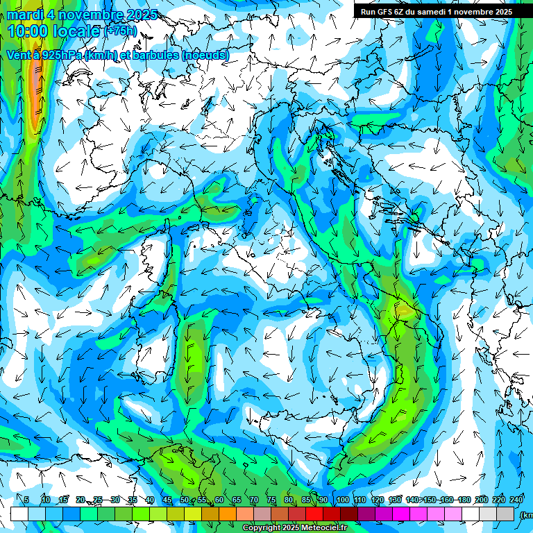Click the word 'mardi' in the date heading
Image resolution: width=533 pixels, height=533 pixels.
24,15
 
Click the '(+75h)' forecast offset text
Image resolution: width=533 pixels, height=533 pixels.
121,31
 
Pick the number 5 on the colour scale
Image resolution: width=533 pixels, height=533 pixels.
26,500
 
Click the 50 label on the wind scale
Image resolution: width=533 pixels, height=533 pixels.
185,500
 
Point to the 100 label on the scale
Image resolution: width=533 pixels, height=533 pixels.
342,500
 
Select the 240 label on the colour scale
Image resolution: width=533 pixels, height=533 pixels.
516,500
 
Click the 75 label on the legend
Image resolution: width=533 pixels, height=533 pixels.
271,500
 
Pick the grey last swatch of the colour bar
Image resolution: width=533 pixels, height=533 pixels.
505,514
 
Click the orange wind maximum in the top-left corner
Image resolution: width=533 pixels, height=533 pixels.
35,90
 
